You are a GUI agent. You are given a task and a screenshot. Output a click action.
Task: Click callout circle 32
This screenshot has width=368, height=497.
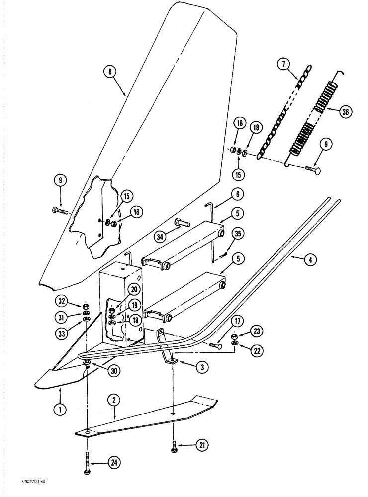[61, 302]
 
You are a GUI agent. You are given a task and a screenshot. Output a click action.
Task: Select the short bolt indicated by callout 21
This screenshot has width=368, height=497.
[174, 445]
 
